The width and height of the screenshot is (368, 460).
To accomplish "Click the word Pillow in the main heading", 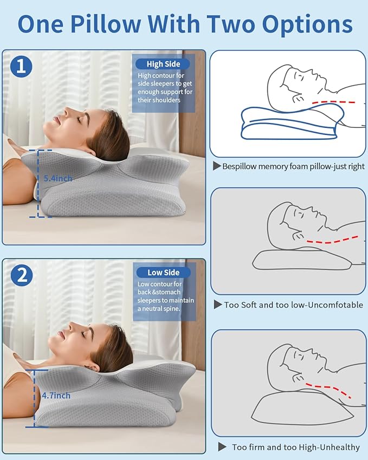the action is coord(106,24).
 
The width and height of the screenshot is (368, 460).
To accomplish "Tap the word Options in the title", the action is coord(307,24).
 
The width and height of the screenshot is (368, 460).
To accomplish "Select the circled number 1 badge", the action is coord(21,67).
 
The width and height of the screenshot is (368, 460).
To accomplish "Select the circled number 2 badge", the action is coord(22,275).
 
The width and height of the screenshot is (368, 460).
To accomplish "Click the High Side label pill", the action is coord(163,64).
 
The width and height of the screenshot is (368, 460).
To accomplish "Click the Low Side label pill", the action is coord(163,272).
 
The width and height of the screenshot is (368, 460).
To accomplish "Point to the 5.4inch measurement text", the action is coord(58,178).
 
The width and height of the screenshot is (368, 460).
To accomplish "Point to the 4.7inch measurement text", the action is coord(56,396).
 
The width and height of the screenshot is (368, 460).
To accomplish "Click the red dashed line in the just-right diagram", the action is coord(334,102).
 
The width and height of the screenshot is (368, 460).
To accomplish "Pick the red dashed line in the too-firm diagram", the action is coord(328,390).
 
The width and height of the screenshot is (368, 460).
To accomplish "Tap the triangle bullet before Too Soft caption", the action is coord(218,304).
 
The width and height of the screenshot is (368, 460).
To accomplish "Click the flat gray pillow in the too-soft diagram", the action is coord(302,260).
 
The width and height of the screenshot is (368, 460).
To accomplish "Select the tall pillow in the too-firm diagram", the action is coord(302,409).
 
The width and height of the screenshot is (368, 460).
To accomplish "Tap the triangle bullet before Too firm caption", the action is coord(222,447).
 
